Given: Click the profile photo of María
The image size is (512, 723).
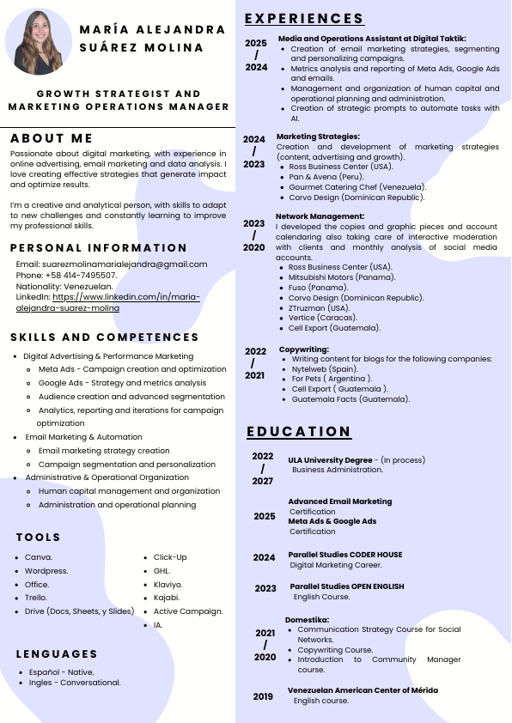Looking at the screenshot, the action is pos(39,42).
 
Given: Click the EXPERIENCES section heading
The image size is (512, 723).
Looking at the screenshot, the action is pos(304,19).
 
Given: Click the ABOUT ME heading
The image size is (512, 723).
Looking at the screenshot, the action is pos(52,138).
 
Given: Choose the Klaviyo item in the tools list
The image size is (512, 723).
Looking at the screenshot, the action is pos(168,584).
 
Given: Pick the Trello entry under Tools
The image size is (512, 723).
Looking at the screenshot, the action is pos(36,597).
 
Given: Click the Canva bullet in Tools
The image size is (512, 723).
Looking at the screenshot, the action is pos(39,556).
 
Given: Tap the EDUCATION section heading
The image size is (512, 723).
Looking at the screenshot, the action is pos(299,431).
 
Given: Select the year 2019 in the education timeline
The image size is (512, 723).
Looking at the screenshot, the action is pos(263,696).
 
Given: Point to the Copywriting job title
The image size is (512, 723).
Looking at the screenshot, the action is pos(304,349).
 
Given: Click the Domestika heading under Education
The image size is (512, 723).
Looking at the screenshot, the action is pos(308,619).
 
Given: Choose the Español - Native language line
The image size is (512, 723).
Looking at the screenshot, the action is pos(61,671).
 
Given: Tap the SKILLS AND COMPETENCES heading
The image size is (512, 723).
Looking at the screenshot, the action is pos(105,337).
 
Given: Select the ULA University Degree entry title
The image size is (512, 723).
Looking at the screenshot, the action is pos(330,459).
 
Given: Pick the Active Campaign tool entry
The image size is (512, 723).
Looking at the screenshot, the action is pos(188,611).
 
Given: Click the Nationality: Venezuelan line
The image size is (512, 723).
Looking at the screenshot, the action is pos(64,285).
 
